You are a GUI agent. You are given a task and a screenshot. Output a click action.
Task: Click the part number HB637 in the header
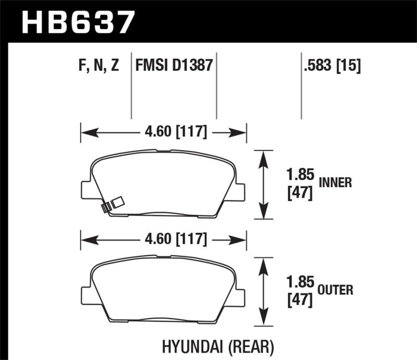click(78, 22)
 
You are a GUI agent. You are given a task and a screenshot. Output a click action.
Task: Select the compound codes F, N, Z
click(99, 66)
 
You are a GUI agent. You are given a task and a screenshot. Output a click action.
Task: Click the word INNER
click(335, 182)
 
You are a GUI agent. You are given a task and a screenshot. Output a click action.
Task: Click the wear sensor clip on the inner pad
click(111, 204)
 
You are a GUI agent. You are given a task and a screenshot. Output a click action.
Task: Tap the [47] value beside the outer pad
click(300, 301)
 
